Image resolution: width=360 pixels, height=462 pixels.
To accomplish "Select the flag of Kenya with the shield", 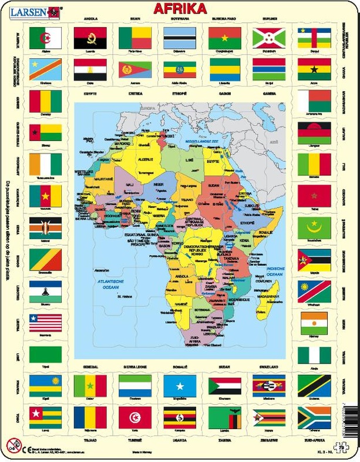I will [x=45, y=227].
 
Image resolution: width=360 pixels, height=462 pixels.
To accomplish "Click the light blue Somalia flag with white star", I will [x=179, y=386].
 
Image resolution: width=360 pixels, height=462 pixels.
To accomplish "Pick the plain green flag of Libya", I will [x=45, y=355].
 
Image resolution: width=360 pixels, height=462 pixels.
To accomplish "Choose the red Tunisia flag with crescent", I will [x=134, y=417].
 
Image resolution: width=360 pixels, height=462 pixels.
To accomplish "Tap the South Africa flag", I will [x=314, y=417].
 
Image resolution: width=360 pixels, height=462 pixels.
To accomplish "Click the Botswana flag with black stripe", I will [x=179, y=38].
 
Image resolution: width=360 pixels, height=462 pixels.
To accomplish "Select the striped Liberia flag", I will [x=45, y=323].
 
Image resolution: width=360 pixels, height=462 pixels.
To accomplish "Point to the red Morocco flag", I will [x=314, y=196].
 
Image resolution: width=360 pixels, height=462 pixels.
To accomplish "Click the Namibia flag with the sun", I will [x=314, y=291].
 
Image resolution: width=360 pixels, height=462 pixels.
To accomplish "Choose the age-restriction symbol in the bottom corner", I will [x=12, y=444].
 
